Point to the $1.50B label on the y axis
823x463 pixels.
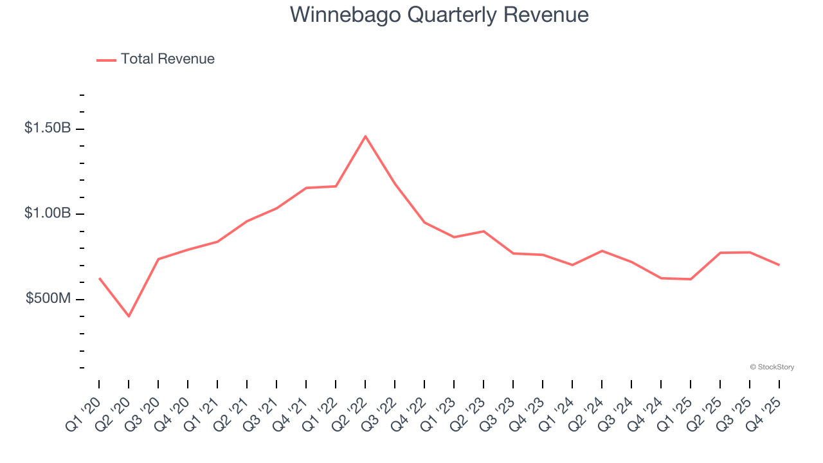coord(48,128)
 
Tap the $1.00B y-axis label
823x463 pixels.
coord(48,213)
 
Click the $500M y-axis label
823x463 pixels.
coord(48,299)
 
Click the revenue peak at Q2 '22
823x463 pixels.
coord(365,136)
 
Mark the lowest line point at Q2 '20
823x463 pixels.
coord(129,316)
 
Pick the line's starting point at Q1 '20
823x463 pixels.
coord(99,278)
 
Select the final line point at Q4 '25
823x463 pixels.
coord(779,265)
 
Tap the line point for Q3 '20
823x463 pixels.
coord(158,259)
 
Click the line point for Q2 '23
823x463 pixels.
coord(484,231)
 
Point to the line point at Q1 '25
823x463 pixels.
coord(691,279)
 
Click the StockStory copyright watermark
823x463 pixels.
coord(772,367)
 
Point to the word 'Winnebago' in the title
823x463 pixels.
coord(331,14)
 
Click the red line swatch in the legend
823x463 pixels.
coord(106,60)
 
